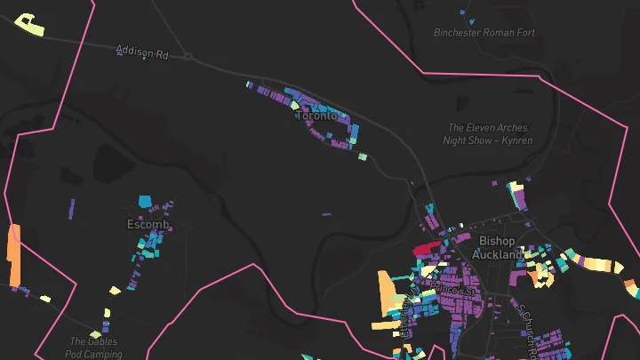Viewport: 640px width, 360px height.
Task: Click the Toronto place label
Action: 316,116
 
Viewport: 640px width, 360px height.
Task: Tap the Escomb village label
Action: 148,224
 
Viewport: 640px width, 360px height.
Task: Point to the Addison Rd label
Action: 142,54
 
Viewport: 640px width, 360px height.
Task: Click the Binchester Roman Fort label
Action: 484,33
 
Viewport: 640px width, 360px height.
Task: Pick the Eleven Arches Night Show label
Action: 488,134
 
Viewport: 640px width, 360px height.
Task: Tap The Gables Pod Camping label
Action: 93,347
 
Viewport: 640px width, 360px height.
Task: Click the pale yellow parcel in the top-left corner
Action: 30,25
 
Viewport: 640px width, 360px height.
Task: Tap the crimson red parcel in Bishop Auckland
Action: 427,249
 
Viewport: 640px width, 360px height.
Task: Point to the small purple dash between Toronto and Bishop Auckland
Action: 326,213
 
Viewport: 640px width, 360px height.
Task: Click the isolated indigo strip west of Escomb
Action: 71,209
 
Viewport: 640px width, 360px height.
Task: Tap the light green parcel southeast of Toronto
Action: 363,157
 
